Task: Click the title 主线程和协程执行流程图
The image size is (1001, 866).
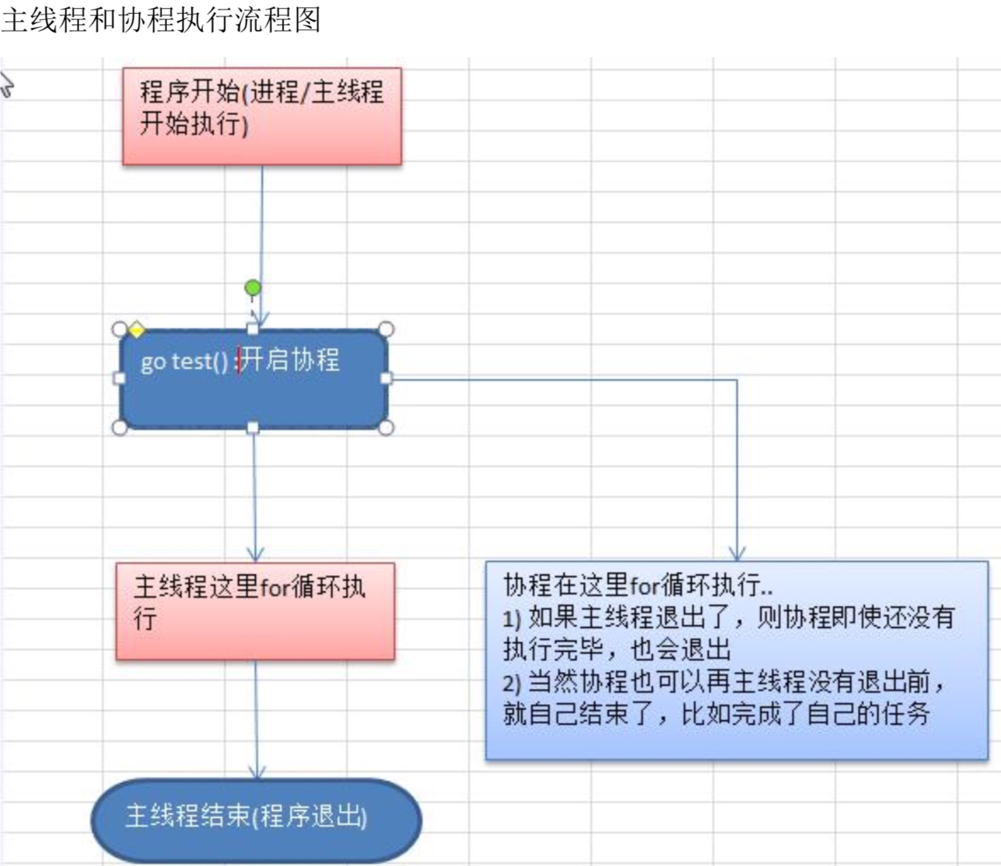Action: click(161, 20)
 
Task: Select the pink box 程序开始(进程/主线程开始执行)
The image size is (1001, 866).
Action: click(261, 116)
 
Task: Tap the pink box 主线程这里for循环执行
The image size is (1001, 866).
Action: click(255, 611)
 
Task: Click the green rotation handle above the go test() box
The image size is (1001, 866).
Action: click(253, 288)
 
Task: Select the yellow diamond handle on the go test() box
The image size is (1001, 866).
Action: click(136, 330)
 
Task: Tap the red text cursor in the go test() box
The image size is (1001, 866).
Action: click(239, 360)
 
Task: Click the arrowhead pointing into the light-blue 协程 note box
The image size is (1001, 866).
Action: click(737, 553)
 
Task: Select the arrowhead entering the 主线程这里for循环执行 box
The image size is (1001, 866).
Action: click(255, 554)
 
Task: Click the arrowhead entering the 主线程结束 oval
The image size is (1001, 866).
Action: click(257, 771)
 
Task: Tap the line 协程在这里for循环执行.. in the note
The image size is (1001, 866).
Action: click(637, 585)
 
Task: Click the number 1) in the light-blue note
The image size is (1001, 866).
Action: click(512, 618)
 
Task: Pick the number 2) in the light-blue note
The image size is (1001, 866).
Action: click(512, 682)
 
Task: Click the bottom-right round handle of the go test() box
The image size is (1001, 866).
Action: click(385, 428)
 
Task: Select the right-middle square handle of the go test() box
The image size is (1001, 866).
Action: click(386, 378)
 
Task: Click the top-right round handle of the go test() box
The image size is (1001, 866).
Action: click(385, 330)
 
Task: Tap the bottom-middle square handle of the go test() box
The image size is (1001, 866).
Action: click(253, 428)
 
